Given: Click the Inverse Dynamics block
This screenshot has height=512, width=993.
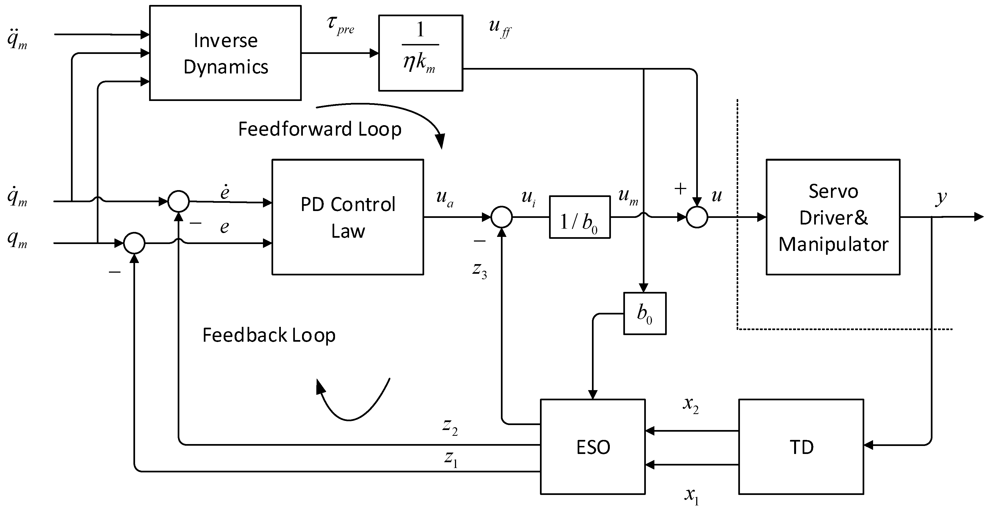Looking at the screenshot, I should tap(225, 53).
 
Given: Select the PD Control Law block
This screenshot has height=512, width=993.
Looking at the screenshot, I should tap(348, 217).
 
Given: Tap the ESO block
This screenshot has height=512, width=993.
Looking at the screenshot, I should tap(592, 447).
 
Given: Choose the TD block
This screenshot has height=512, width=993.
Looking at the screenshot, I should tap(801, 447).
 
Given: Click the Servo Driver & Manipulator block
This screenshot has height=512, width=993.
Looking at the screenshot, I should tap(833, 217).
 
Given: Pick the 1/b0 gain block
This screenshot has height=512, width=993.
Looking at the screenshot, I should tap(579, 217).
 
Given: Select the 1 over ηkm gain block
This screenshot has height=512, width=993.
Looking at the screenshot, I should tap(421, 53).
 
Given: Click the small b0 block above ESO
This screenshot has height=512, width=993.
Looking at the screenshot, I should tap(644, 313).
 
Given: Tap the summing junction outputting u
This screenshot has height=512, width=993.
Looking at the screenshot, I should tap(697, 217).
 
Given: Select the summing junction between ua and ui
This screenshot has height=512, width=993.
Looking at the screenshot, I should tap(501, 217).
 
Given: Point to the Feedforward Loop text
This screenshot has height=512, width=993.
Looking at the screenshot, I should tap(320, 129).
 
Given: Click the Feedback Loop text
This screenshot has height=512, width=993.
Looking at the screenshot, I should tap(269, 335).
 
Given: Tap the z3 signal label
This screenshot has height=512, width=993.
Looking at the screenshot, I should tap(479, 269).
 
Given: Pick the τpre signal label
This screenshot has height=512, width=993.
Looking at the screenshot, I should tap(340, 25).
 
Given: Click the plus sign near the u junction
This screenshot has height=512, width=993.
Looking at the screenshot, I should tap(680, 188).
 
